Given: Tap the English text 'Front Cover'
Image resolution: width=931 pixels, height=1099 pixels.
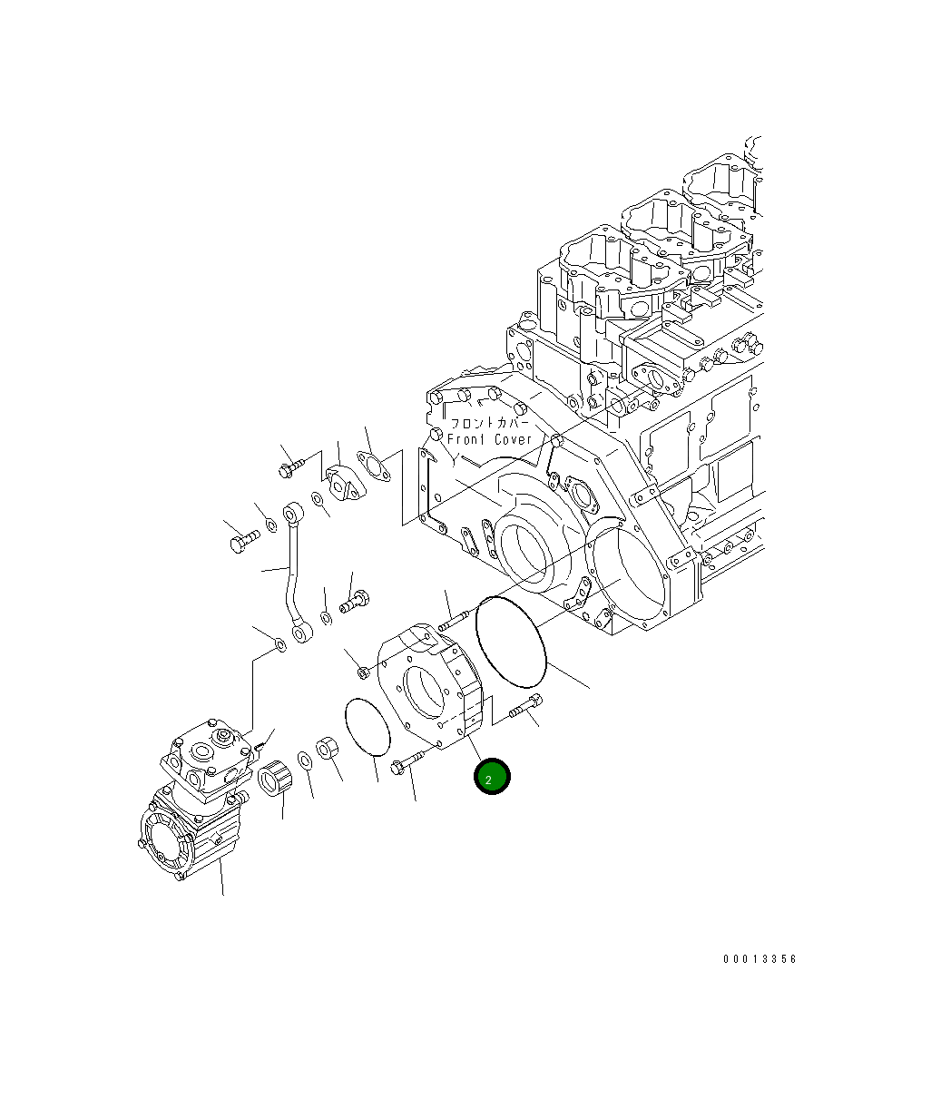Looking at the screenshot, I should (x=490, y=439).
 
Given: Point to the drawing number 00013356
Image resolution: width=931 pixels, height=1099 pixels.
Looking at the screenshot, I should (x=759, y=959).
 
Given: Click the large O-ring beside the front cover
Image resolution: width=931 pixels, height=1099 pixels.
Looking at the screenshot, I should (x=512, y=642).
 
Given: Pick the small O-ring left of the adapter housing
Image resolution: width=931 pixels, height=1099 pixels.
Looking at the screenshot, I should (x=367, y=726).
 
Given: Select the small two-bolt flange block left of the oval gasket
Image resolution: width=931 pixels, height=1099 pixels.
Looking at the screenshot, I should (x=342, y=482).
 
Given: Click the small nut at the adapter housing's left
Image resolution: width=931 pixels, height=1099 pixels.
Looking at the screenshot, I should (x=362, y=672).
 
